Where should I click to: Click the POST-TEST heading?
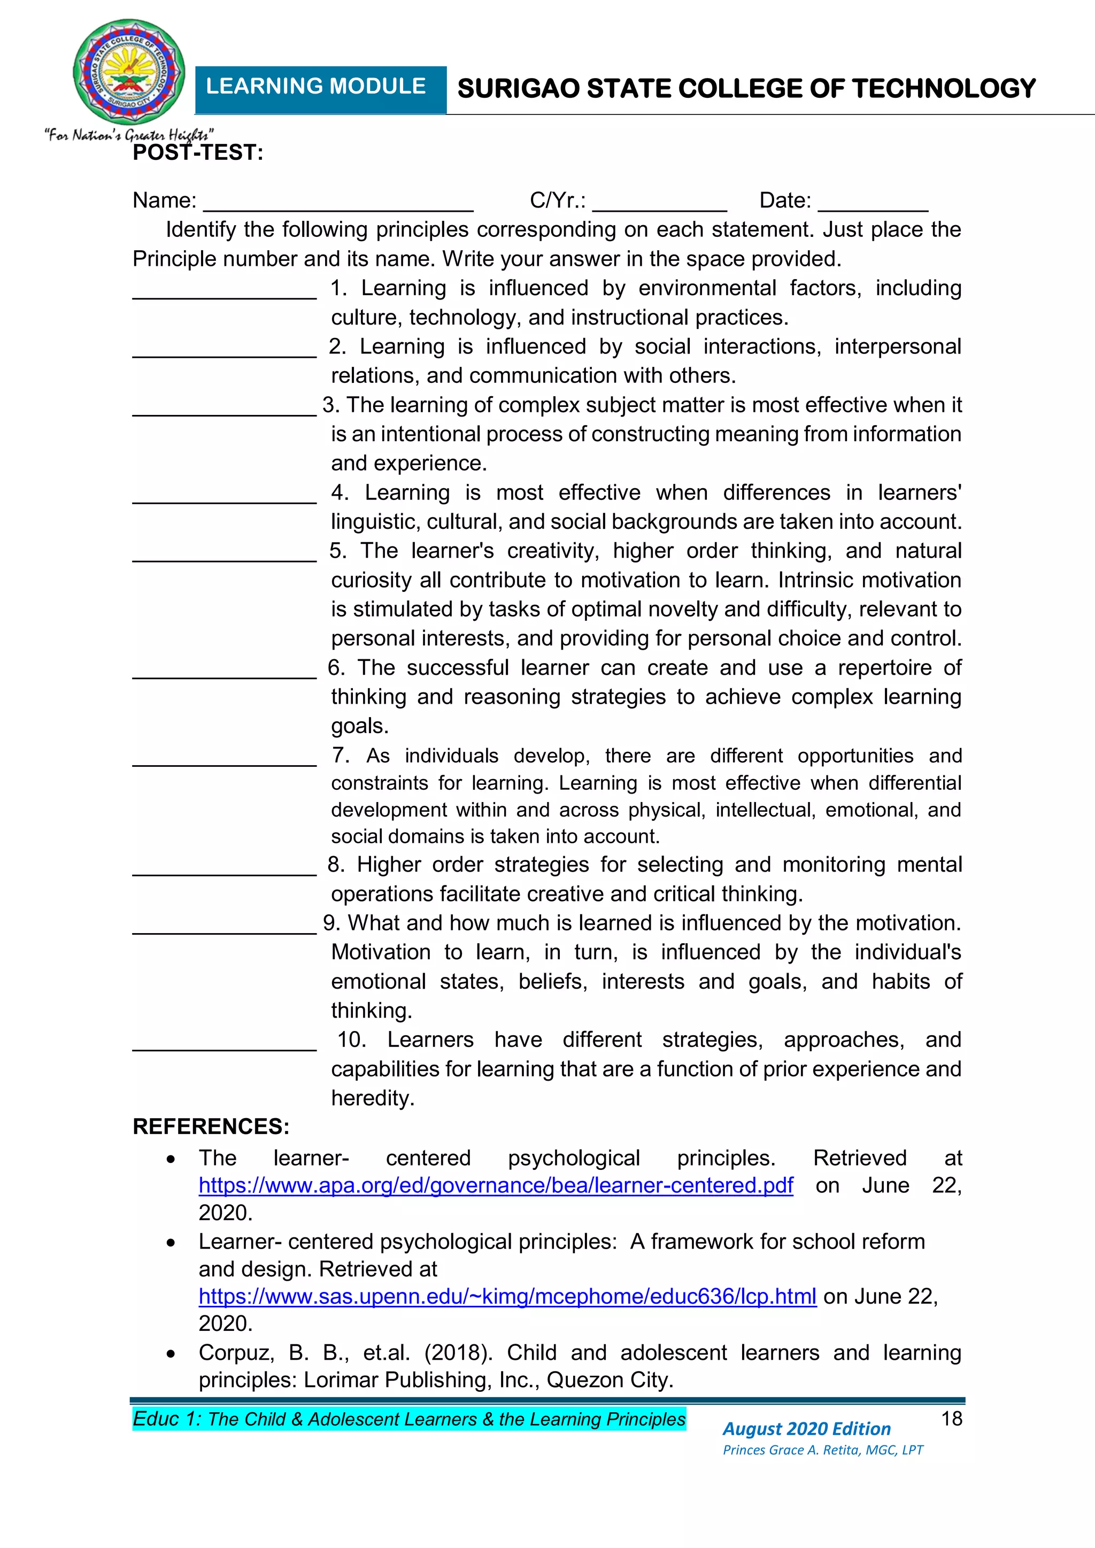click(x=197, y=153)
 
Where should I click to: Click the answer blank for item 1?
click(x=225, y=295)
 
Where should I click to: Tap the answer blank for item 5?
click(x=225, y=558)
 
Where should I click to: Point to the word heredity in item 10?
click(x=372, y=1098)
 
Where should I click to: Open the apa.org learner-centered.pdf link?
click(x=496, y=1185)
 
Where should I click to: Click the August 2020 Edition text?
click(x=806, y=1429)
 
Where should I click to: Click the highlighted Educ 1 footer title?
click(x=408, y=1419)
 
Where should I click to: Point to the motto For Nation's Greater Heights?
click(x=129, y=135)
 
